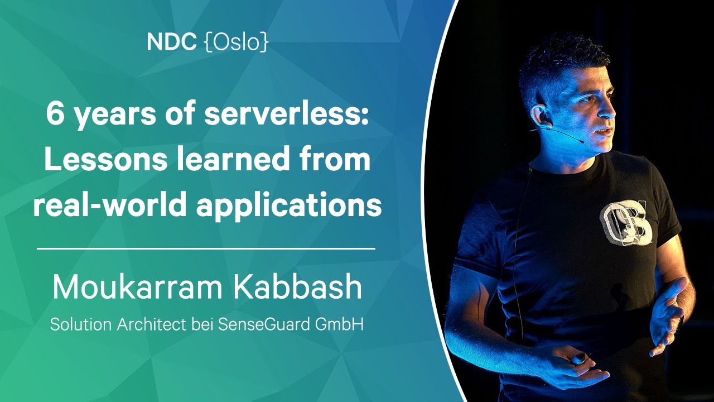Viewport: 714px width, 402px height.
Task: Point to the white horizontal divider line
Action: [206, 248]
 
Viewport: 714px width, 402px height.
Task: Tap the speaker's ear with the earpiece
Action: [539, 115]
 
